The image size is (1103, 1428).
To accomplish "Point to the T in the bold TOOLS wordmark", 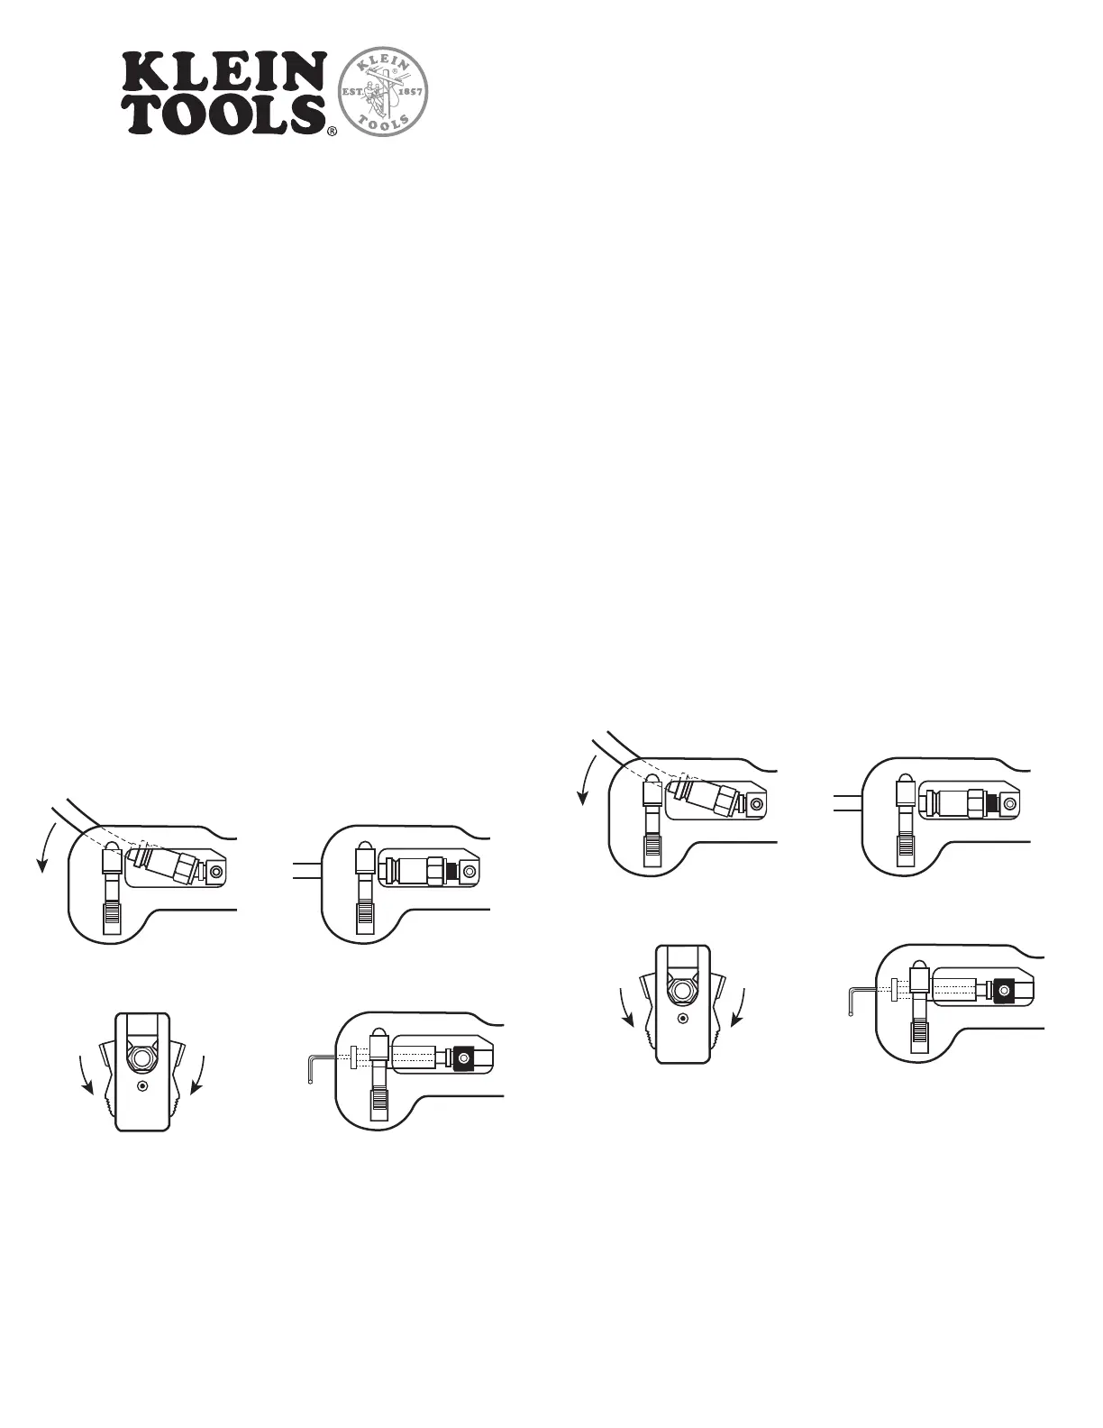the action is pos(148,114).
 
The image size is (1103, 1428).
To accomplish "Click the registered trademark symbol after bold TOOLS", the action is pos(333,132).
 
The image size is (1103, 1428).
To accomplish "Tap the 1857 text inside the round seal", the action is pos(410,91).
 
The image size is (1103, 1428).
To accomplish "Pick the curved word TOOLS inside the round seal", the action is pos(382,123).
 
